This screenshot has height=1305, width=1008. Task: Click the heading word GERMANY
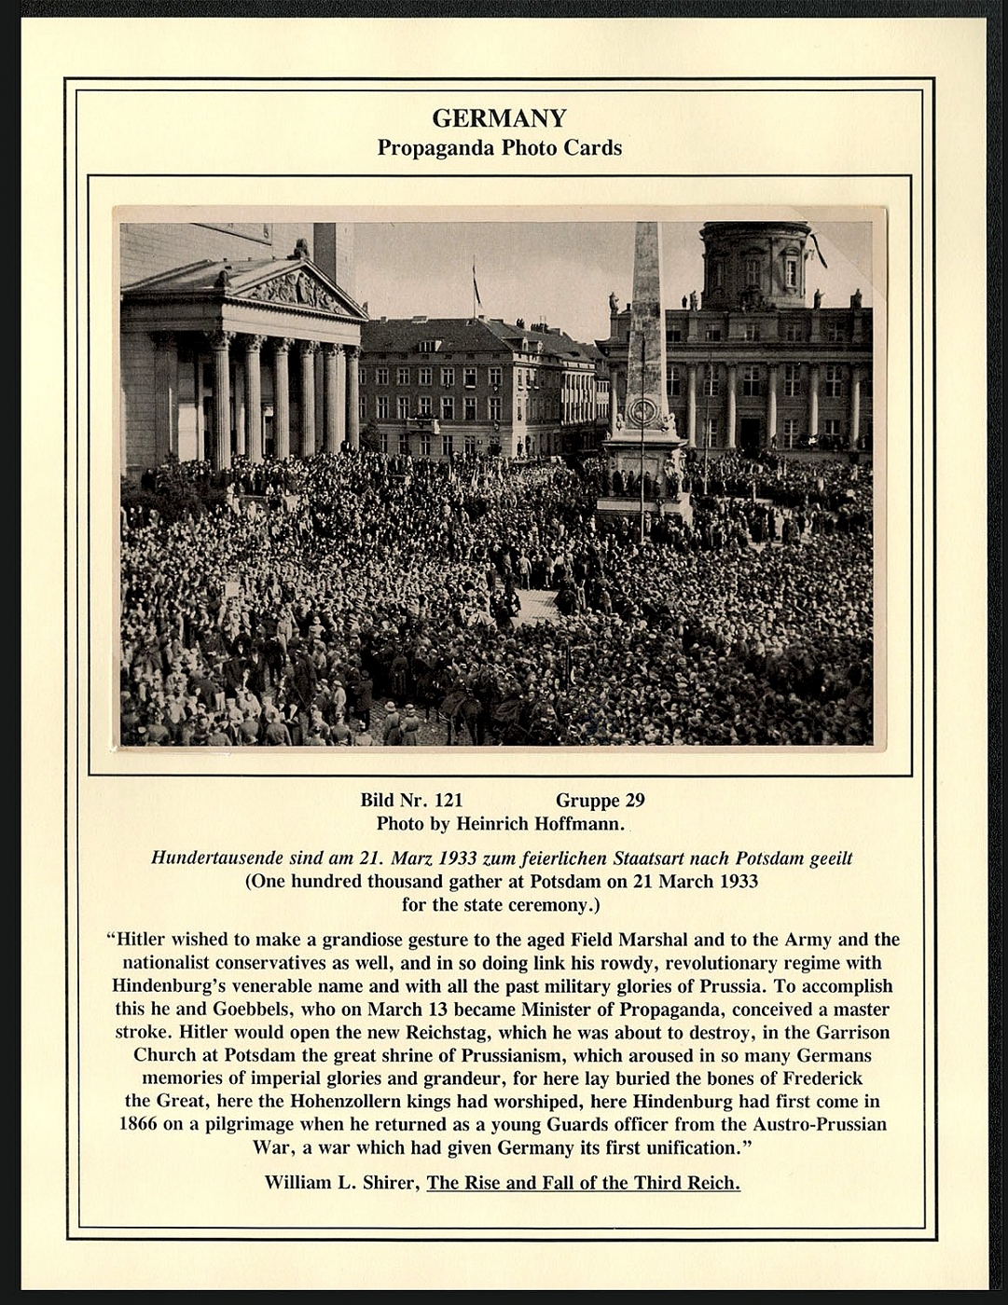tap(499, 118)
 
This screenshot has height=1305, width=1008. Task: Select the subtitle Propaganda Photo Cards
tap(499, 147)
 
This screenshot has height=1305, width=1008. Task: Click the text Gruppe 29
tap(600, 800)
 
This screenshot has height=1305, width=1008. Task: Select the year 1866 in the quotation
tap(138, 1124)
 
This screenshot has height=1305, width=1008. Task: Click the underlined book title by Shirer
tap(583, 1182)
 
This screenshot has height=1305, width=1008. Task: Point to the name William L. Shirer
tap(341, 1182)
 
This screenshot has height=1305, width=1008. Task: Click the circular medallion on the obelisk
tap(642, 410)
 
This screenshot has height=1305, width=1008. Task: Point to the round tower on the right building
tap(755, 263)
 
